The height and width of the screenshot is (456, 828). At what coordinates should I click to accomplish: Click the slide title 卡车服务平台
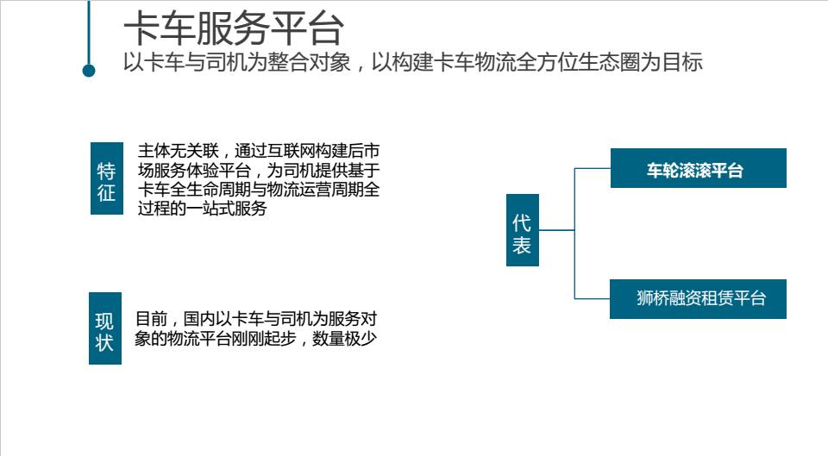tap(234, 29)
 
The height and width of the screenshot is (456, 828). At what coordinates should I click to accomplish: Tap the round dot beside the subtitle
tap(89, 70)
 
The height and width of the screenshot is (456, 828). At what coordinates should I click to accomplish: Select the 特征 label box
tap(106, 176)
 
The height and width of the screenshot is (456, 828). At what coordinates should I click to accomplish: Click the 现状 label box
tap(105, 328)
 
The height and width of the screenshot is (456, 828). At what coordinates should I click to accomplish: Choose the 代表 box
tap(523, 230)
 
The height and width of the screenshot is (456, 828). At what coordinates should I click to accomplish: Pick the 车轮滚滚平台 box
tap(698, 169)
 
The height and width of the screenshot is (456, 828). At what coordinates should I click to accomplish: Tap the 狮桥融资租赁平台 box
tap(698, 299)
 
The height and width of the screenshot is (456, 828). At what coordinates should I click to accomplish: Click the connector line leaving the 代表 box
tap(556, 230)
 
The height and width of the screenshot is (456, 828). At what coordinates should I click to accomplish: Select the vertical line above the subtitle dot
tap(89, 30)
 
